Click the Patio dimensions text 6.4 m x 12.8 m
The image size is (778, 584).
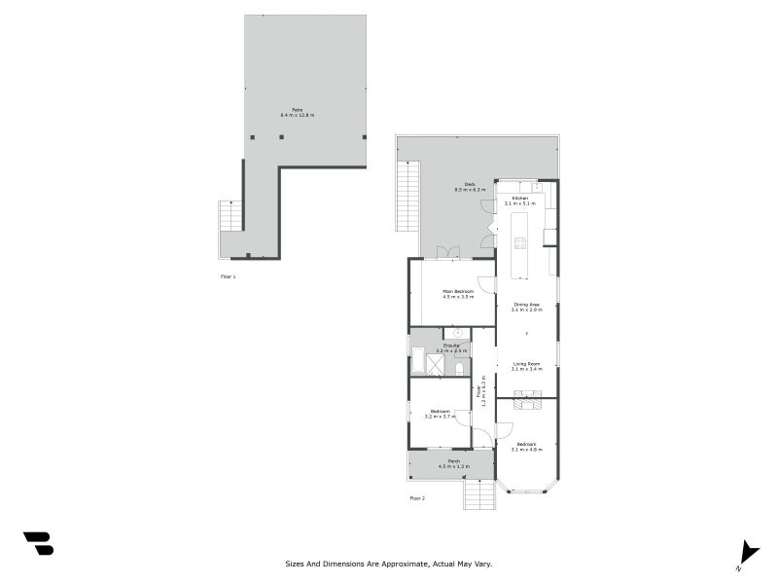pyautogui.click(x=298, y=116)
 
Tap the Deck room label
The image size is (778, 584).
pyautogui.click(x=469, y=184)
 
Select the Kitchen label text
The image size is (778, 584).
pyautogui.click(x=519, y=198)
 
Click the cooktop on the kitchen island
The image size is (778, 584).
pyautogui.click(x=520, y=242)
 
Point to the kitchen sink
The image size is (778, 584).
pyautogui.click(x=525, y=187)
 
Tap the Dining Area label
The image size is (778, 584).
pyautogui.click(x=526, y=305)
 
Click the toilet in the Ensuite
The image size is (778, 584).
pyautogui.click(x=460, y=368)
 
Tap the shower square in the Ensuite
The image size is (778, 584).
pyautogui.click(x=436, y=364)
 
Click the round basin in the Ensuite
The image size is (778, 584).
pyautogui.click(x=456, y=333)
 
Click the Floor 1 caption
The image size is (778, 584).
pyautogui.click(x=228, y=276)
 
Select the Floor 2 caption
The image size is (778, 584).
pyautogui.click(x=417, y=497)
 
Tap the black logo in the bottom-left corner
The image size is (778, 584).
pyautogui.click(x=38, y=543)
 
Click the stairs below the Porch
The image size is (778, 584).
pyautogui.click(x=478, y=495)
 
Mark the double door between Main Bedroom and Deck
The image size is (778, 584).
pyautogui.click(x=448, y=253)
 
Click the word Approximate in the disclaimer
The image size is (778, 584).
pyautogui.click(x=403, y=563)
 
